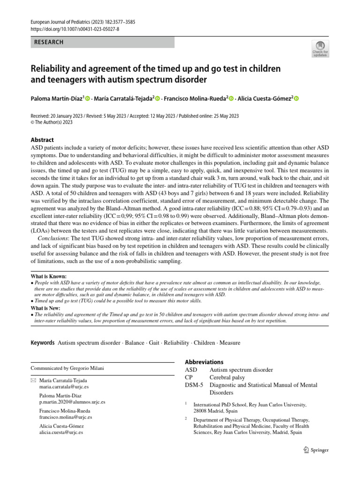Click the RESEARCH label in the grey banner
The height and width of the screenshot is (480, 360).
[49, 42]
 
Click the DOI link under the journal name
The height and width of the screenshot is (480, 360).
[75, 29]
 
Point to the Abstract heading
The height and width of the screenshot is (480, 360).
[42, 140]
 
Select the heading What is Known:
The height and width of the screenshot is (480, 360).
[49, 277]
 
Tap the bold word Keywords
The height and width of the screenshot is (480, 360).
[43, 343]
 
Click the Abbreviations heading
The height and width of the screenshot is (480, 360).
[204, 362]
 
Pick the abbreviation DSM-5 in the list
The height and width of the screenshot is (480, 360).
[194, 385]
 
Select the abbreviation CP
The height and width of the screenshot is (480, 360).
[189, 377]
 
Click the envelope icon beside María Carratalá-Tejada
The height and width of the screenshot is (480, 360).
[33, 381]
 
